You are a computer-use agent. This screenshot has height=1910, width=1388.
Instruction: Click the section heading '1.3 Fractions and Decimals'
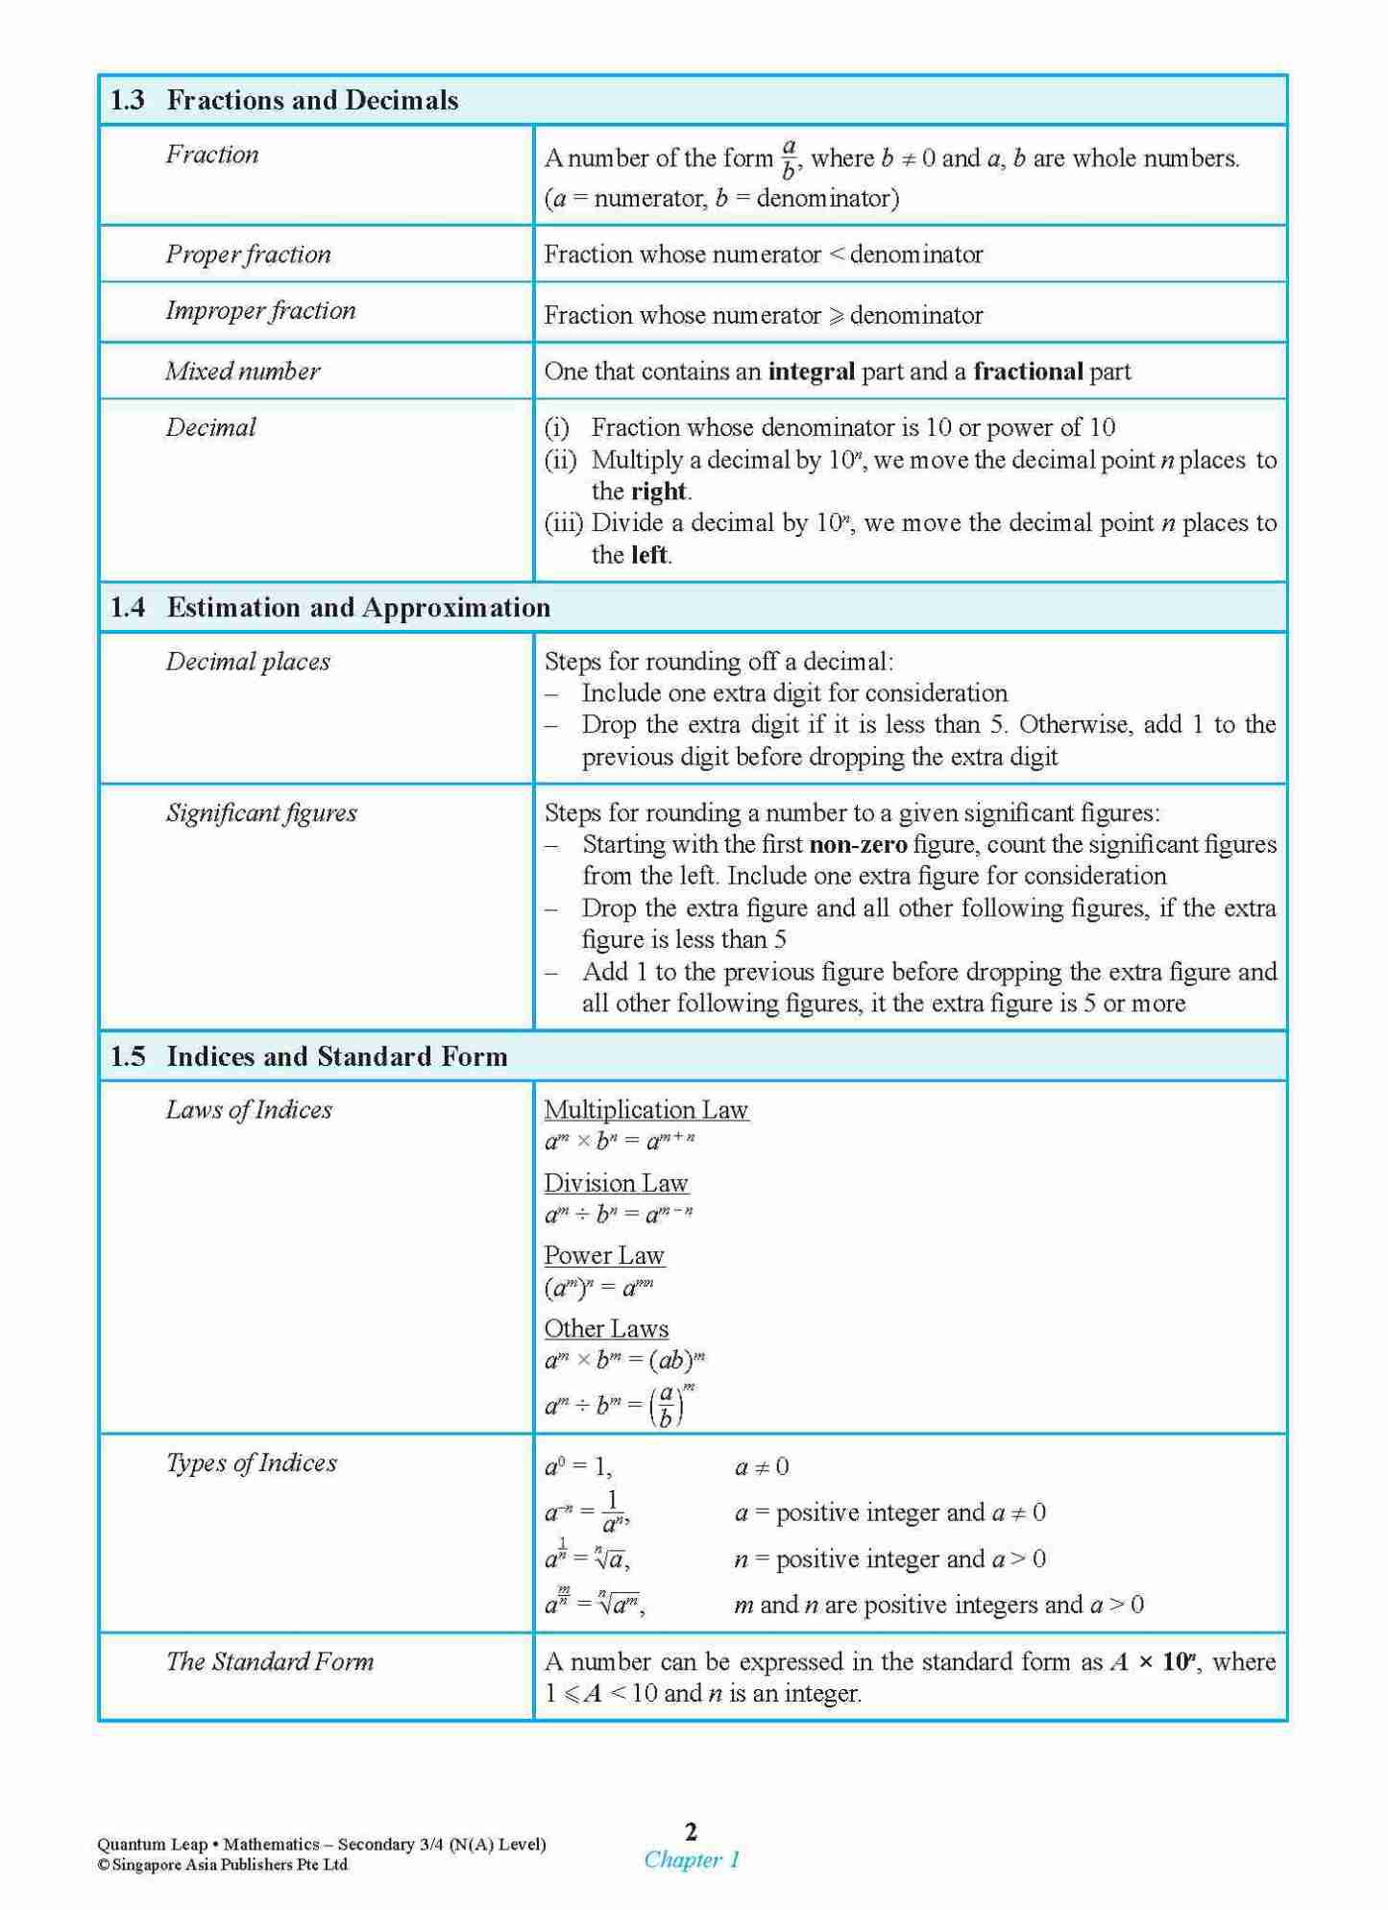[x=284, y=100]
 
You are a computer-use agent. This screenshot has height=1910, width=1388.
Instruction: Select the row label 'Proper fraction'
[x=248, y=254]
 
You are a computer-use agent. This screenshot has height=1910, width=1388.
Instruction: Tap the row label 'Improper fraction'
[x=260, y=311]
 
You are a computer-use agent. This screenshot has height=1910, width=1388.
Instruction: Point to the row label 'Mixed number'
[x=243, y=372]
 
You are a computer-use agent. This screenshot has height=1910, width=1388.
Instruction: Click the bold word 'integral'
[x=812, y=373]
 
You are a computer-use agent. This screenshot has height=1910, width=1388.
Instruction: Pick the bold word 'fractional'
[x=1028, y=372]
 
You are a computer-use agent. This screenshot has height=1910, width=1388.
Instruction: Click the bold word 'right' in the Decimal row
[x=659, y=492]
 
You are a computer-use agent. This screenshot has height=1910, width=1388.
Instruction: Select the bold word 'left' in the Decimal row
[x=649, y=555]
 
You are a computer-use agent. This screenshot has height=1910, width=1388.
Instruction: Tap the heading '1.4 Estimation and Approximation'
[x=330, y=608]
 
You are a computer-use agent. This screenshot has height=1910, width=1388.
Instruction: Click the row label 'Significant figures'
[x=261, y=813]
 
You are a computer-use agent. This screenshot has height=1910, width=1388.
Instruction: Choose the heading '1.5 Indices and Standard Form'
[x=308, y=1056]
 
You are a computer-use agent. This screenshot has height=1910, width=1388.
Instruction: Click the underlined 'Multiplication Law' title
[x=645, y=1110]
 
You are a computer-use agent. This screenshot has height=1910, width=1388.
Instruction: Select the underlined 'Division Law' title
[x=616, y=1183]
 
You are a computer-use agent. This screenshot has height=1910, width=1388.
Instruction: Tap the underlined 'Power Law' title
[x=603, y=1256]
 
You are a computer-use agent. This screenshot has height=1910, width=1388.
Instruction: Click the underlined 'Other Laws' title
[x=606, y=1329]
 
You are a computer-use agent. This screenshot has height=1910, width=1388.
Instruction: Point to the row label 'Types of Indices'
[x=252, y=1463]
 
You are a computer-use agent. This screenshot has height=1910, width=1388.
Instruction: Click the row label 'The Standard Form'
[x=270, y=1662]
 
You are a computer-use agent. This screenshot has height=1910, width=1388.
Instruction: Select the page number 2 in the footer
[x=691, y=1831]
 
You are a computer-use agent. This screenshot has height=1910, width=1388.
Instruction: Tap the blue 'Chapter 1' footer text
[x=692, y=1860]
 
